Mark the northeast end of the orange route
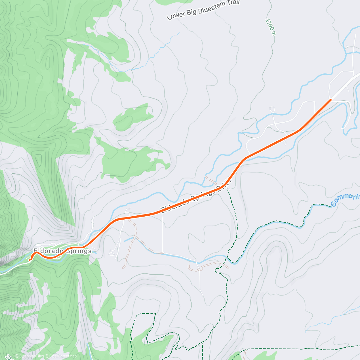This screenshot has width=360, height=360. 331,99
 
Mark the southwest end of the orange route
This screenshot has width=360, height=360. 29,260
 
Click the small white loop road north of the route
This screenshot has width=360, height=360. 272,109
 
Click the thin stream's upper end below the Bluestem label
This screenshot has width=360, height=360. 179,33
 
